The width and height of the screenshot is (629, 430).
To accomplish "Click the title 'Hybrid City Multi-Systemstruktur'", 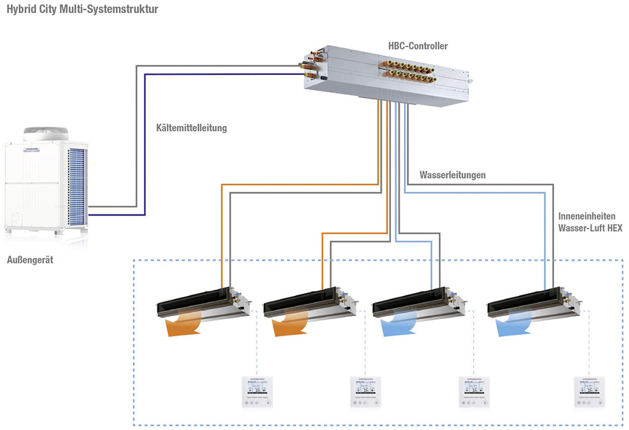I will coord(82,9).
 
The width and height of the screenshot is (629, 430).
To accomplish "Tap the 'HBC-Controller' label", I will coord(418,46).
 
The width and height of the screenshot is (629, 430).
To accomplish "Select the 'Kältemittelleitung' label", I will coord(191,128).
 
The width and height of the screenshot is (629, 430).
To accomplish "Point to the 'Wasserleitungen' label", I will coord(452,175).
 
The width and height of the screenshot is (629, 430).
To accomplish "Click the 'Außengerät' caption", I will coord(30,260).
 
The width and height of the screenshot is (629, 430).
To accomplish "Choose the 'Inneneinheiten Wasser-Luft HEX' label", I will coord(589,222).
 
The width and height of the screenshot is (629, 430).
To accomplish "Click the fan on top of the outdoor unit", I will coord(45,134).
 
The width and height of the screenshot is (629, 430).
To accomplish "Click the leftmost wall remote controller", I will coord(257,393).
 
